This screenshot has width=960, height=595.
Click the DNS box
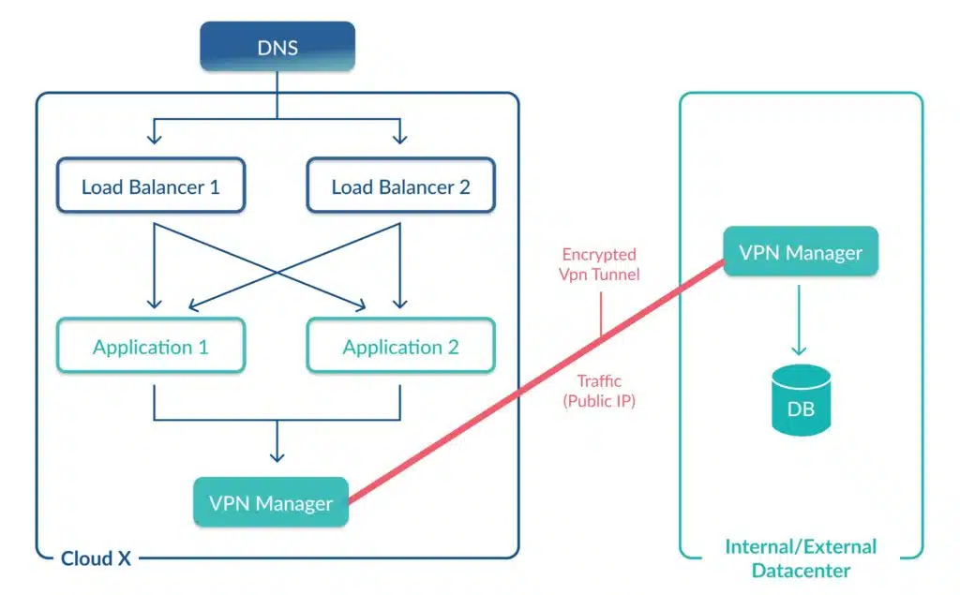pyautogui.click(x=277, y=47)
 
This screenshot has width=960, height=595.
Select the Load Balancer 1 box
pyautogui.click(x=151, y=186)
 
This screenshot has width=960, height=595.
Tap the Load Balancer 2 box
pyautogui.click(x=400, y=186)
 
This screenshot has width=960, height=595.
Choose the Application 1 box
pyautogui.click(x=151, y=346)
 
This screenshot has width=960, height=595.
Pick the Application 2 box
pyautogui.click(x=400, y=346)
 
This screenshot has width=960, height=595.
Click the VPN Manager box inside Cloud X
pyautogui.click(x=271, y=502)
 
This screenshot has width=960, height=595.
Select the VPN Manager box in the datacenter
pyautogui.click(x=801, y=251)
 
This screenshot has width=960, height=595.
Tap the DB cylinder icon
pyautogui.click(x=801, y=400)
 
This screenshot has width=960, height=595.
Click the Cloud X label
pyautogui.click(x=96, y=558)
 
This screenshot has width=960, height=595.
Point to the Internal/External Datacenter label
pyautogui.click(x=801, y=558)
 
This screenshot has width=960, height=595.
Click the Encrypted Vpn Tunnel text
pyautogui.click(x=599, y=264)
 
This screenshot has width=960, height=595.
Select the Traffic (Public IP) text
pyautogui.click(x=599, y=391)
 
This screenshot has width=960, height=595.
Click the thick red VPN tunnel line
pyautogui.click(x=536, y=382)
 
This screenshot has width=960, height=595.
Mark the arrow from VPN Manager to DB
pyautogui.click(x=799, y=320)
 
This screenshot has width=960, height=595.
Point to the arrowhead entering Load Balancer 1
pyautogui.click(x=155, y=138)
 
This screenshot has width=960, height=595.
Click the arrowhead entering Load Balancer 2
pyautogui.click(x=399, y=138)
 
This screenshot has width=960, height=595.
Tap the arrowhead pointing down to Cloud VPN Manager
pyautogui.click(x=277, y=455)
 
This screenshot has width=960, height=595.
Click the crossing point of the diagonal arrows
pyautogui.click(x=277, y=272)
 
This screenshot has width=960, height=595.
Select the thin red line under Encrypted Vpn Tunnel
pyautogui.click(x=601, y=314)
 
